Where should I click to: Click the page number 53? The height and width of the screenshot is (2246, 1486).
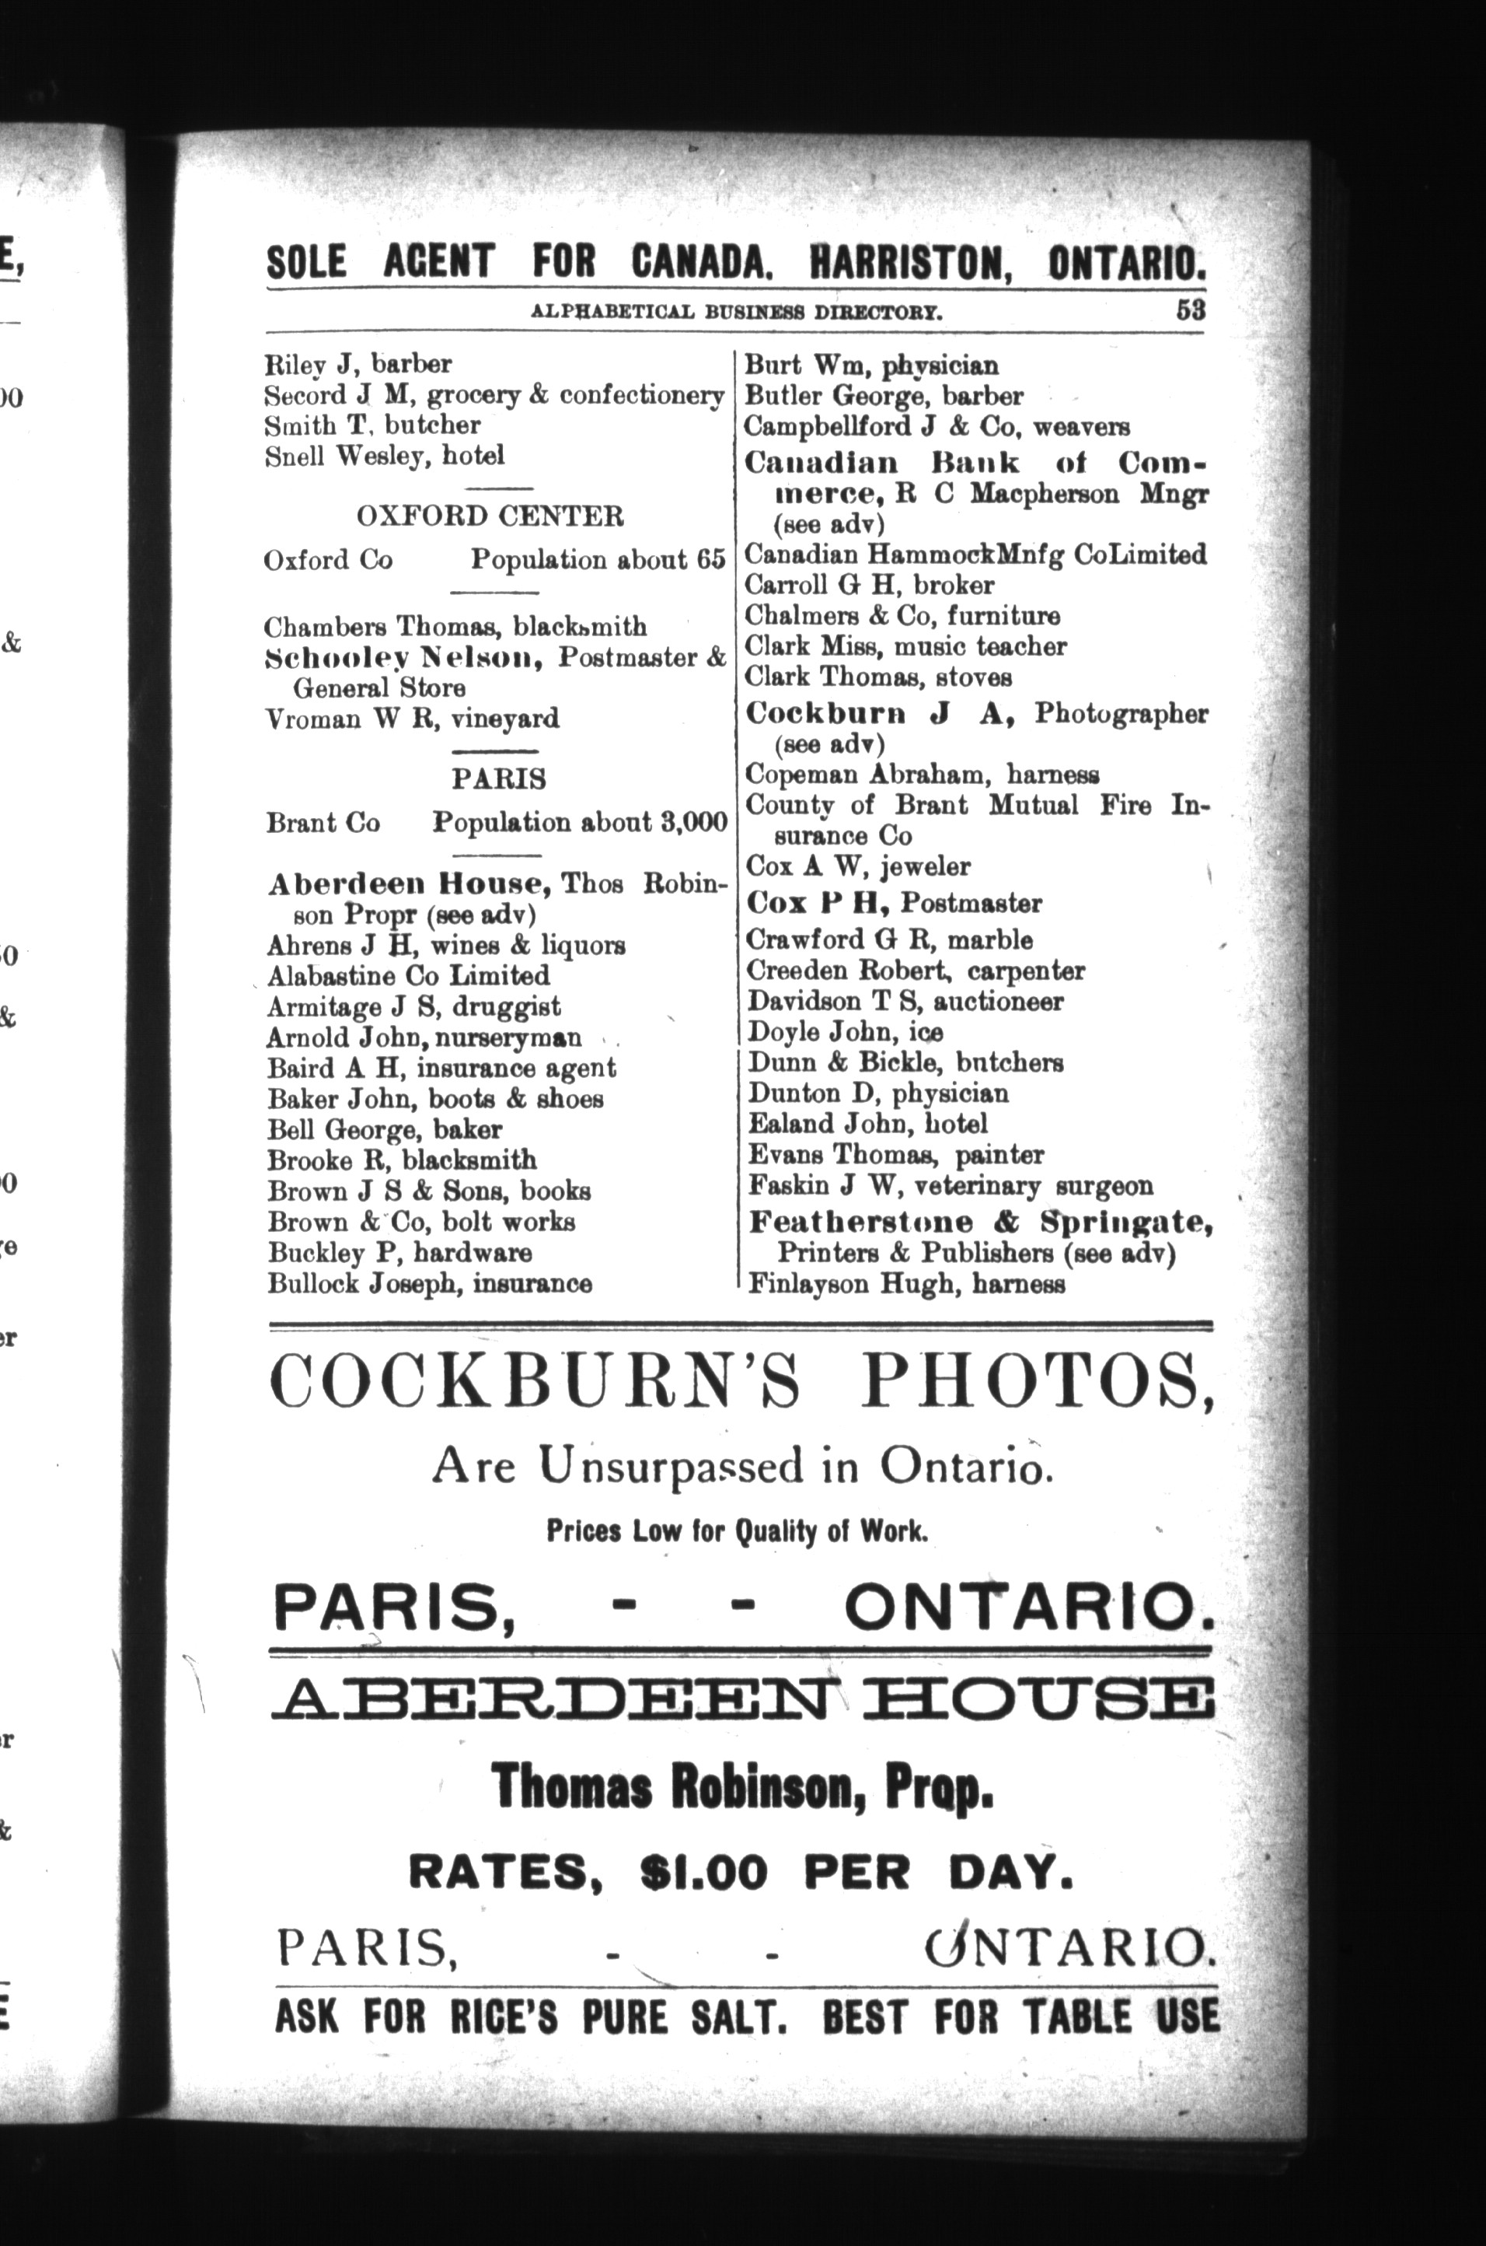pyautogui.click(x=1191, y=311)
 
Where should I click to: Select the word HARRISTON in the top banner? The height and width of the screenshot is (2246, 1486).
pyautogui.click(x=909, y=261)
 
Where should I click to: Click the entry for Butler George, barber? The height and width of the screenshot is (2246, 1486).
pyautogui.click(x=883, y=397)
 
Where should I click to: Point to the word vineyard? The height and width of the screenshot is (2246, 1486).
pyautogui.click(x=504, y=719)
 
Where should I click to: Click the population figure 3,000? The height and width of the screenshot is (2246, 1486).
pyautogui.click(x=695, y=822)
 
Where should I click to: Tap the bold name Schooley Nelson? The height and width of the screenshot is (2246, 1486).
pyautogui.click(x=403, y=657)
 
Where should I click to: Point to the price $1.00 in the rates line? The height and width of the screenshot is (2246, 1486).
pyautogui.click(x=703, y=1873)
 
